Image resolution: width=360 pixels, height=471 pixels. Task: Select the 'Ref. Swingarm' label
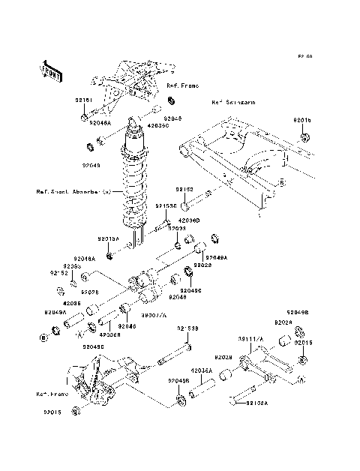(232, 102)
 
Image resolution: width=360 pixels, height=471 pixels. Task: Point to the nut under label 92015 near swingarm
(305, 137)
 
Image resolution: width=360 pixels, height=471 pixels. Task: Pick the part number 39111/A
(253, 339)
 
